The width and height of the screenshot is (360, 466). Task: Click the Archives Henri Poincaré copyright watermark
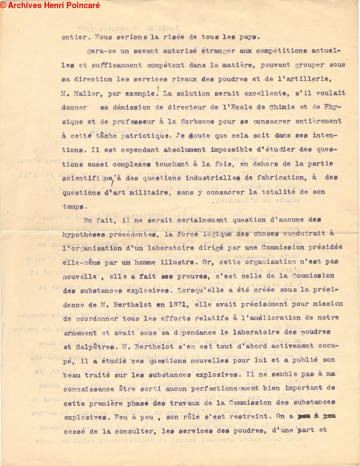[x=50, y=5]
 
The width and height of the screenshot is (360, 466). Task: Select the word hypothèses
[x=87, y=234]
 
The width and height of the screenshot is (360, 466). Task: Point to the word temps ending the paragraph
[x=73, y=207]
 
